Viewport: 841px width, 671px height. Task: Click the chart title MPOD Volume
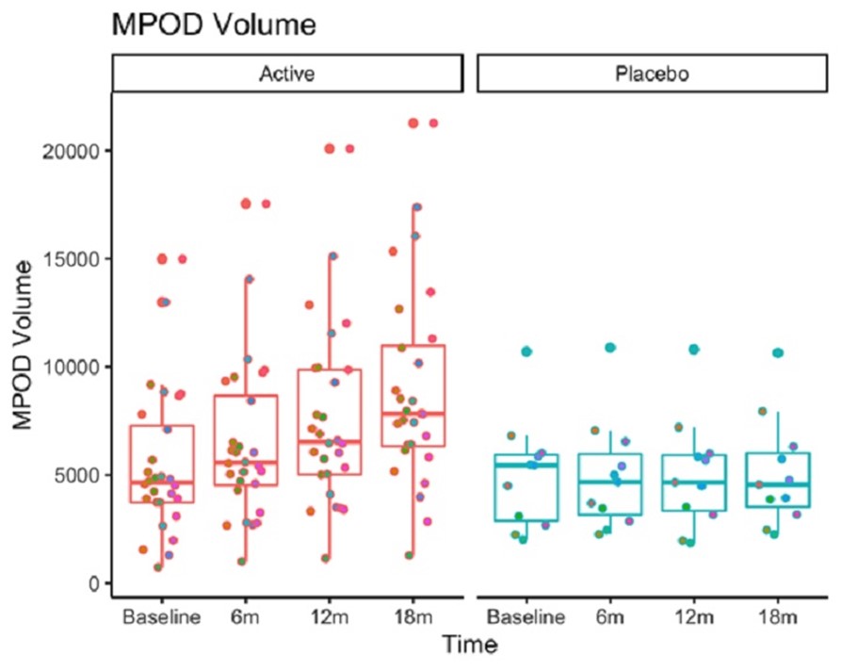(x=214, y=25)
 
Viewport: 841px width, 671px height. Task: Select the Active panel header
(x=286, y=74)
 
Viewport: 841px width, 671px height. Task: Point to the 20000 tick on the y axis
(x=73, y=151)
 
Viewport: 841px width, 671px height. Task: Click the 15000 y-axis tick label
(x=73, y=259)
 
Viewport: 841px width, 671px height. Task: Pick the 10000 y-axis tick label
(x=73, y=367)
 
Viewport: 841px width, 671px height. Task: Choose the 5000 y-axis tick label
(x=78, y=475)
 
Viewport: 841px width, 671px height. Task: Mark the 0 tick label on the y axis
(x=94, y=583)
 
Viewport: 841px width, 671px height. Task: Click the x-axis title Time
(x=470, y=646)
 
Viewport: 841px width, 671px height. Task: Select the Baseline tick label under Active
(x=161, y=617)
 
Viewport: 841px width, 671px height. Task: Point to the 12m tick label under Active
(x=330, y=617)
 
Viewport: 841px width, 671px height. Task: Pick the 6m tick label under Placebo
(x=610, y=617)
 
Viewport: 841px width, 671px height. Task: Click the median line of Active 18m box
(x=413, y=414)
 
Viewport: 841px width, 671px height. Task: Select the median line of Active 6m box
(x=245, y=463)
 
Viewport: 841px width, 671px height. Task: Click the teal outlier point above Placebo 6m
(x=609, y=348)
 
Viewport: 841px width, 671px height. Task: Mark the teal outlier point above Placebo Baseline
(x=526, y=352)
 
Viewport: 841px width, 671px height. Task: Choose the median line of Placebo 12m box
(x=694, y=482)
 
